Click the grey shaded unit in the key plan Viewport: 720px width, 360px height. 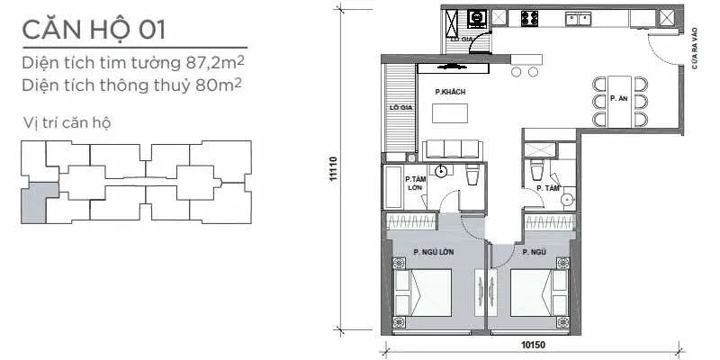34,202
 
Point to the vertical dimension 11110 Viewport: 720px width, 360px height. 333,171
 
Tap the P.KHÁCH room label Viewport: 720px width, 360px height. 448,92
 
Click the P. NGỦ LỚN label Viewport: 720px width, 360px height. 433,251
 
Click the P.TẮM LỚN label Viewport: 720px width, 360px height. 415,184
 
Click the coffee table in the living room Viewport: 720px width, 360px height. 450,113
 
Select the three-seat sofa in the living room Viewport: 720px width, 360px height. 448,150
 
